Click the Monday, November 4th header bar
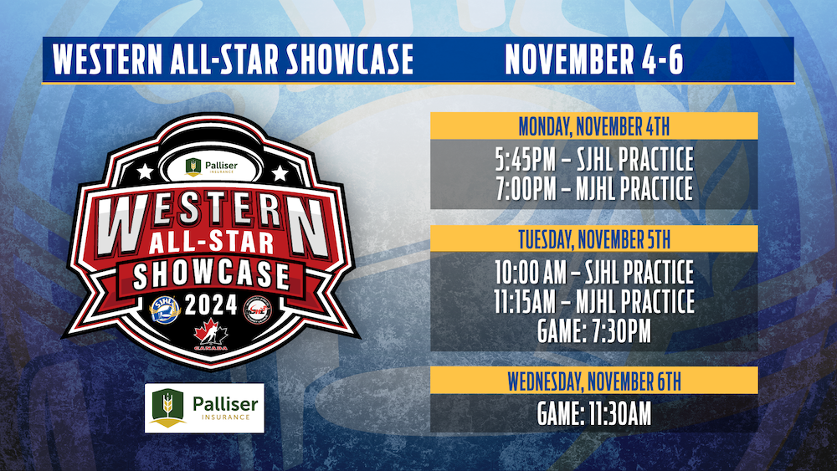pyautogui.click(x=594, y=126)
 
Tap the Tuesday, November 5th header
pyautogui.click(x=594, y=239)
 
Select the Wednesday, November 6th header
pyautogui.click(x=594, y=381)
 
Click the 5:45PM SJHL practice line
pyautogui.click(x=594, y=159)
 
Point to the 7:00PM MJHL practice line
pyautogui.click(x=594, y=188)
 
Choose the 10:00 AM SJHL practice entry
pyautogui.click(x=594, y=272)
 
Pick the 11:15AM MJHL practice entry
pyautogui.click(x=594, y=301)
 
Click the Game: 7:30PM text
pyautogui.click(x=594, y=330)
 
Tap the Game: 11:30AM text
pyautogui.click(x=594, y=414)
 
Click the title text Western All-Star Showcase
pyautogui.click(x=234, y=59)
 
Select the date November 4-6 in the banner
pyautogui.click(x=594, y=59)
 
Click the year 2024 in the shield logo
pyautogui.click(x=211, y=305)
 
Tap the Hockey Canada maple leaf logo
pyautogui.click(x=211, y=335)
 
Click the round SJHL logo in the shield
pyautogui.click(x=165, y=310)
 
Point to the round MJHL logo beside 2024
pyautogui.click(x=257, y=310)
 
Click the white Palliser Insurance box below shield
pyautogui.click(x=204, y=408)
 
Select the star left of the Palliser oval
pyautogui.click(x=145, y=172)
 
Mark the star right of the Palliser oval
pyautogui.click(x=280, y=173)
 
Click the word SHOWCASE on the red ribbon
pyautogui.click(x=212, y=274)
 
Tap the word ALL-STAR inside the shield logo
pyautogui.click(x=212, y=243)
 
